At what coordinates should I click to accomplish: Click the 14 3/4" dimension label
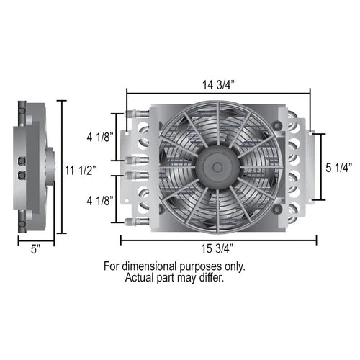[x=218, y=85]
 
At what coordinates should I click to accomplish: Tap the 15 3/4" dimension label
[x=217, y=248]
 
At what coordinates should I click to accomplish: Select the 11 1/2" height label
[x=81, y=171]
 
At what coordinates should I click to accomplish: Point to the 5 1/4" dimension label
[x=338, y=168]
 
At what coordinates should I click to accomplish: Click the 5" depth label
[x=35, y=249]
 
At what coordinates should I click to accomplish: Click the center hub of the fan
[x=217, y=166]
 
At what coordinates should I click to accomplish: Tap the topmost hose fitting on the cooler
[x=137, y=113]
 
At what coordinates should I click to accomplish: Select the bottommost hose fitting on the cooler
[x=137, y=221]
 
